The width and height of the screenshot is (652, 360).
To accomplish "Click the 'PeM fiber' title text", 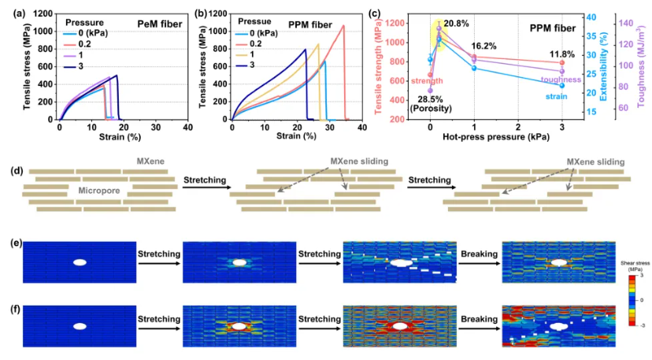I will click(x=161, y=25).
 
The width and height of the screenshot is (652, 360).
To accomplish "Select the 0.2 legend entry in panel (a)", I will click(x=87, y=46).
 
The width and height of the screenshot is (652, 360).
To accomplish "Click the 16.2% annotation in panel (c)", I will click(x=483, y=46).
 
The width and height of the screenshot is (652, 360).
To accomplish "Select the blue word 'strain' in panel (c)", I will click(x=558, y=96).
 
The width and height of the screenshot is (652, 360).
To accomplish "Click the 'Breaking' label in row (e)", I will click(x=479, y=254).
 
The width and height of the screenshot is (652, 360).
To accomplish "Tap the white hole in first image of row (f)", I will click(x=80, y=325).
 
